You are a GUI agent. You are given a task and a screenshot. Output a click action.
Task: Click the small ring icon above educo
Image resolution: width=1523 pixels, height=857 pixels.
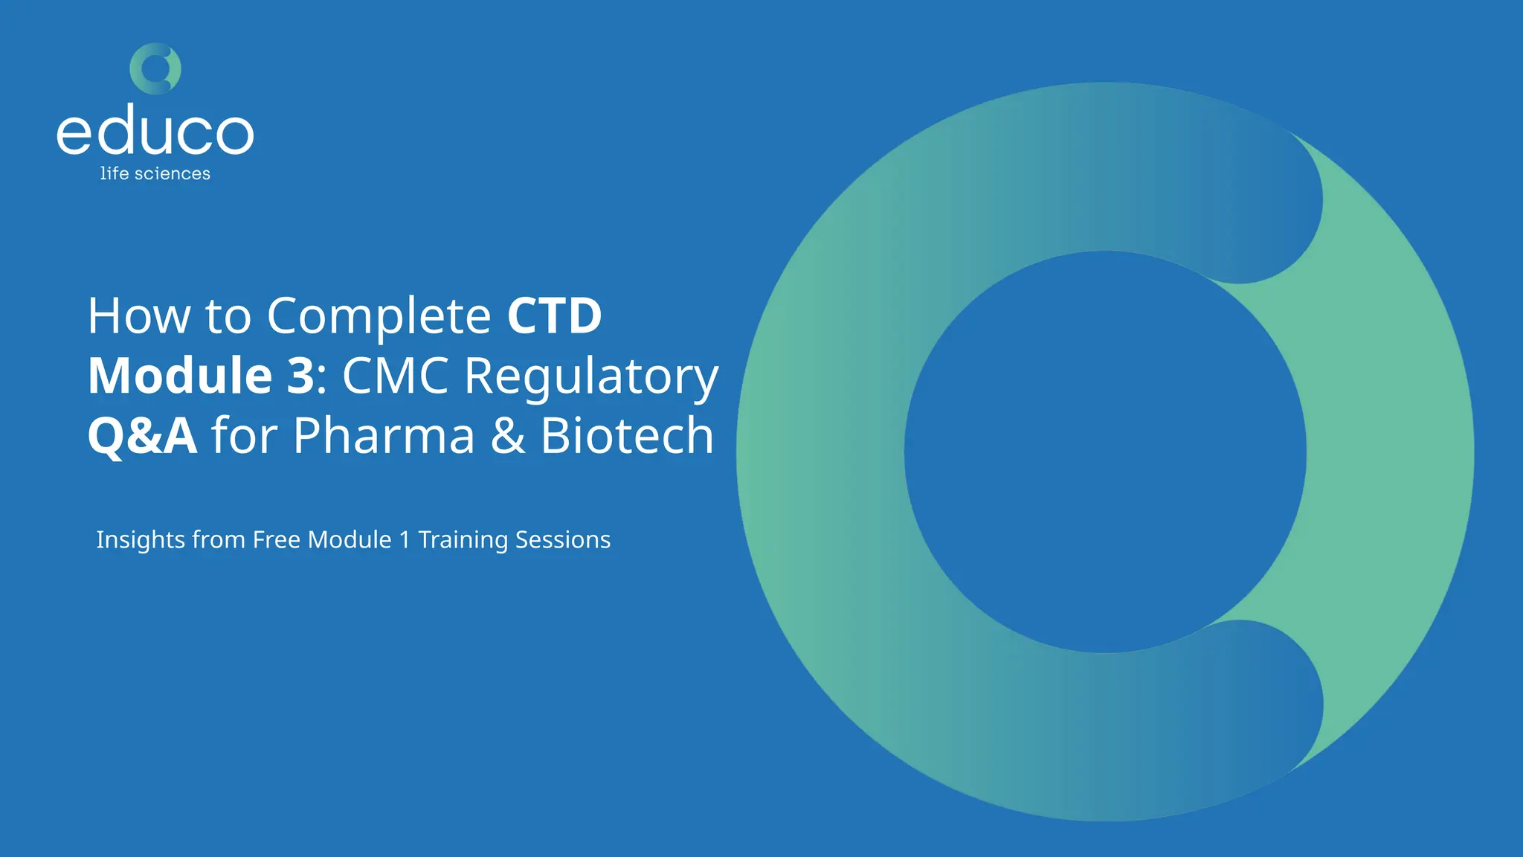click(x=155, y=68)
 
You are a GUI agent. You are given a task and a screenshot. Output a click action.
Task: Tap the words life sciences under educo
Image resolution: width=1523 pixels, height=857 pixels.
click(x=155, y=173)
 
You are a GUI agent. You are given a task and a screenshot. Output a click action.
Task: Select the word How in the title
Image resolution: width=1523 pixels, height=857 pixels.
click(x=139, y=315)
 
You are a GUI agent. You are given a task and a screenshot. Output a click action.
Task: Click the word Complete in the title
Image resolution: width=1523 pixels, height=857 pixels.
click(x=379, y=317)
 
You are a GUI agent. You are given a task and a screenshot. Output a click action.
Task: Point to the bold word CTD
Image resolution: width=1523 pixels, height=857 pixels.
click(x=554, y=315)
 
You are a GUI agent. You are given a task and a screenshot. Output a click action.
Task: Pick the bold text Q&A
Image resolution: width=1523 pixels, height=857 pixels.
click(x=142, y=436)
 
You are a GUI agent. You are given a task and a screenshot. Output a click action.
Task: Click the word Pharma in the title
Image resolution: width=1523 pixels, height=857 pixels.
click(x=384, y=436)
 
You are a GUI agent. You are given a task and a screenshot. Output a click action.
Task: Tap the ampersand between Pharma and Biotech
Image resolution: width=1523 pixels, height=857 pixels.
click(x=508, y=436)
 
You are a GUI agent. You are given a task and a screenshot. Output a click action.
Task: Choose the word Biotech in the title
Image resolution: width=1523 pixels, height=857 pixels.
click(x=627, y=436)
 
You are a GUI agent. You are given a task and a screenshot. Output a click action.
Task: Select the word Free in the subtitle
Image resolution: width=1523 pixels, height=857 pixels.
click(x=276, y=539)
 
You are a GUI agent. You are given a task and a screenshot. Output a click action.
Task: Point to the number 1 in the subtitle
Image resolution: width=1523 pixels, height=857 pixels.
click(x=405, y=539)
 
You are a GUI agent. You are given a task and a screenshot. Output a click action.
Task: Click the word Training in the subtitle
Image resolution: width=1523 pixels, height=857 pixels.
click(x=463, y=540)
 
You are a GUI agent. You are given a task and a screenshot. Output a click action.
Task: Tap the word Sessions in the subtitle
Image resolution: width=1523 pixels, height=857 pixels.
click(x=562, y=539)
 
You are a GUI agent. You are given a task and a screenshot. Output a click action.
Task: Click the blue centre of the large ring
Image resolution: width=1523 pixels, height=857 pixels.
click(x=1105, y=452)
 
